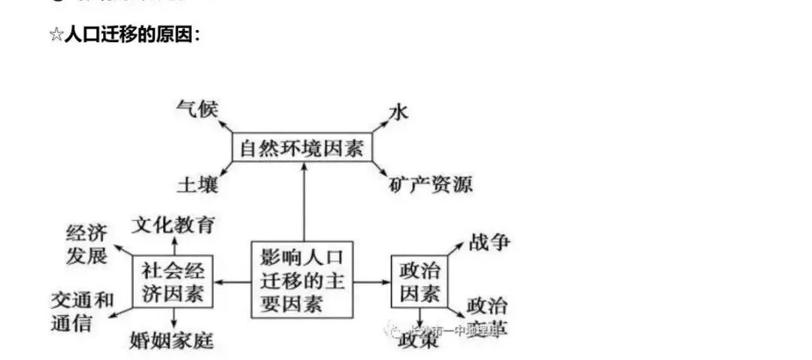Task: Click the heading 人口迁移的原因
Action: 131,35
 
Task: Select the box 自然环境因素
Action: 302,148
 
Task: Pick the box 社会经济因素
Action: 173,282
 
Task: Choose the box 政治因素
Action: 420,281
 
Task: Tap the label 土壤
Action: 197,184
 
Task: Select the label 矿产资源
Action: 431,184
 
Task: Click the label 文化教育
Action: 174,224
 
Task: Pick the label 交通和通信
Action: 82,311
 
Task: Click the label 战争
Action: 489,242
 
